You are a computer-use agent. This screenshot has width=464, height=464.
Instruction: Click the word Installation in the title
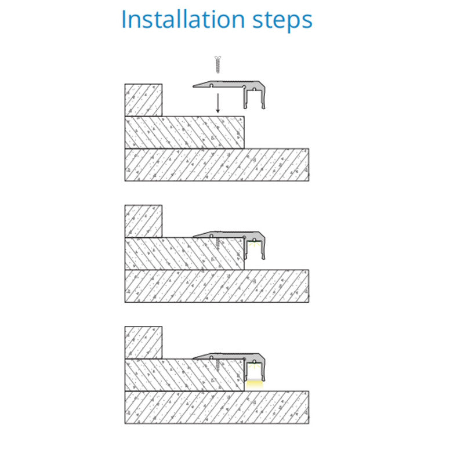pyautogui.click(x=183, y=19)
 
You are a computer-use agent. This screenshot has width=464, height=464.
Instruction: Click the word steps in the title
pyautogui.click(x=282, y=21)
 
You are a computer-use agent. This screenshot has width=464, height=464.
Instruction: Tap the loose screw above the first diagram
pyautogui.click(x=218, y=64)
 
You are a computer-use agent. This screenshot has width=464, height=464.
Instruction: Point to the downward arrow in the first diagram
pyautogui.click(x=218, y=103)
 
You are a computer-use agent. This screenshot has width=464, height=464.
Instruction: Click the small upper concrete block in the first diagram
pyautogui.click(x=143, y=100)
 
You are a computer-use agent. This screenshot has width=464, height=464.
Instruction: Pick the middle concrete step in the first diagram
pyautogui.click(x=184, y=132)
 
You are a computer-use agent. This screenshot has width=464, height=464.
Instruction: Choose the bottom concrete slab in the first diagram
pyautogui.click(x=216, y=165)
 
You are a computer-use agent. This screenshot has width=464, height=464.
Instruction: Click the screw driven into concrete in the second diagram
pyautogui.click(x=218, y=243)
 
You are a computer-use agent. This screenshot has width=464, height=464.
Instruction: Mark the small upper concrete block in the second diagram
pyautogui.click(x=143, y=221)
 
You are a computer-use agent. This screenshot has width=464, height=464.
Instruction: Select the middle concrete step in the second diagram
pyautogui.click(x=184, y=253)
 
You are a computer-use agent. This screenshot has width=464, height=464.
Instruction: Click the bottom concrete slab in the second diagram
pyautogui.click(x=216, y=286)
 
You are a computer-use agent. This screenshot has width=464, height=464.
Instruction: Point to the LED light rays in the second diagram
pyautogui.click(x=254, y=244)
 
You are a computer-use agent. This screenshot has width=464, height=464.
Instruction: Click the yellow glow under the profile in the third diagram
pyautogui.click(x=255, y=383)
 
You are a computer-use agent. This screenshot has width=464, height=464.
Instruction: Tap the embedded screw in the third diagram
pyautogui.click(x=218, y=365)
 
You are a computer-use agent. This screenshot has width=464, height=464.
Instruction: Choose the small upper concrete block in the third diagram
pyautogui.click(x=143, y=343)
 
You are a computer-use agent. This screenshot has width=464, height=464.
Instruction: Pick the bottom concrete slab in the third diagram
pyautogui.click(x=216, y=408)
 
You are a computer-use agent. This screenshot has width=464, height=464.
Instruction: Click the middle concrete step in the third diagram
pyautogui.click(x=184, y=375)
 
